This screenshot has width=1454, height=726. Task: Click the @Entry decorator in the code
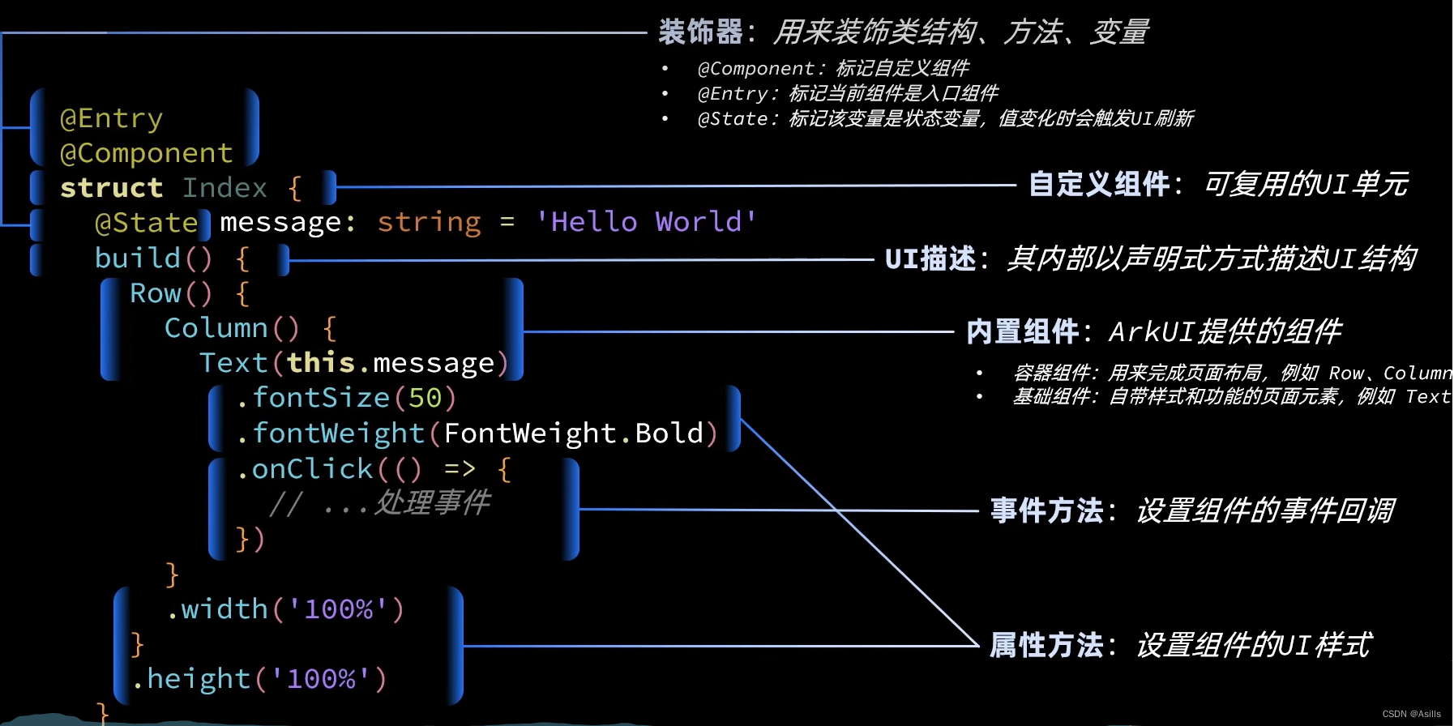pyautogui.click(x=111, y=118)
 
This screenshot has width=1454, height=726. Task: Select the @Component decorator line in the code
pyautogui.click(x=146, y=153)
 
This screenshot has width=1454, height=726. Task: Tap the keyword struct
pyautogui.click(x=111, y=188)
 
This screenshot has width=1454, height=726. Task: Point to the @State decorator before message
pyautogui.click(x=146, y=223)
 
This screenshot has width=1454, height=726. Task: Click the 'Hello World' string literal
pyautogui.click(x=646, y=222)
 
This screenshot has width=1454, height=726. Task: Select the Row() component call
pyautogui.click(x=170, y=293)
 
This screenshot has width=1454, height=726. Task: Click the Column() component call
pyautogui.click(x=231, y=328)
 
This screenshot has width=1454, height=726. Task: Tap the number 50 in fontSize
pyautogui.click(x=425, y=398)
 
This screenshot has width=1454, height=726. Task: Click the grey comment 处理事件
pyautogui.click(x=431, y=503)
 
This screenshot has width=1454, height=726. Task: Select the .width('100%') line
pyautogui.click(x=284, y=609)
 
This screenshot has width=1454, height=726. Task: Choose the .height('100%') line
pyautogui.click(x=259, y=679)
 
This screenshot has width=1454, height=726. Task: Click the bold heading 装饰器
pyautogui.click(x=700, y=32)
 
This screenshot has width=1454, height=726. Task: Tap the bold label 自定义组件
pyautogui.click(x=1098, y=185)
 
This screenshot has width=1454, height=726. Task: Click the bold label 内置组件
pyautogui.click(x=1022, y=331)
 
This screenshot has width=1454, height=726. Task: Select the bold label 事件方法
pyautogui.click(x=1046, y=510)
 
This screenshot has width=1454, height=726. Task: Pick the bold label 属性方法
pyautogui.click(x=1046, y=646)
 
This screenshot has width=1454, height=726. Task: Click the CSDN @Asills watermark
pyautogui.click(x=1411, y=714)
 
